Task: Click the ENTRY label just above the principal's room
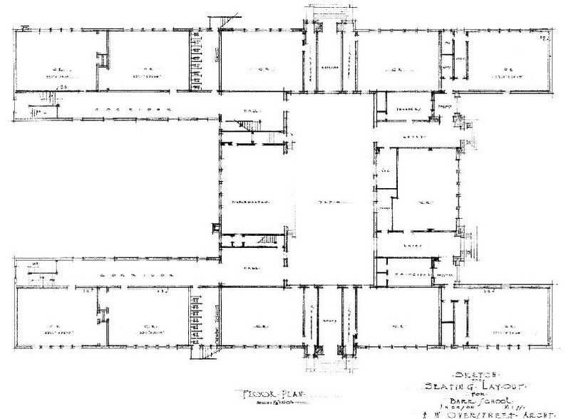(413, 247)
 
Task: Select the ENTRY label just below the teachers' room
(414, 134)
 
